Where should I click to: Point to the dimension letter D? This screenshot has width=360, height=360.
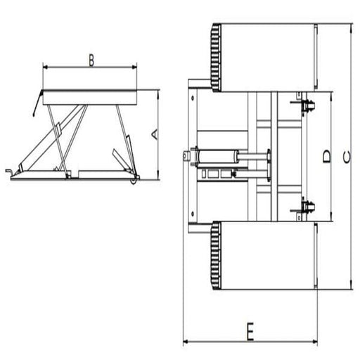(326, 156)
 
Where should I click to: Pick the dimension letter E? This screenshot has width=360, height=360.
(249, 331)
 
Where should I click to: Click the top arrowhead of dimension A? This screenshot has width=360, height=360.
(160, 92)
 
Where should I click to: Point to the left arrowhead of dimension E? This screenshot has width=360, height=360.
(186, 342)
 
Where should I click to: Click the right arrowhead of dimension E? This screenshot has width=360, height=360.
(314, 342)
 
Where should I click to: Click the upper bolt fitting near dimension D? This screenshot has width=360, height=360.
(307, 106)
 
